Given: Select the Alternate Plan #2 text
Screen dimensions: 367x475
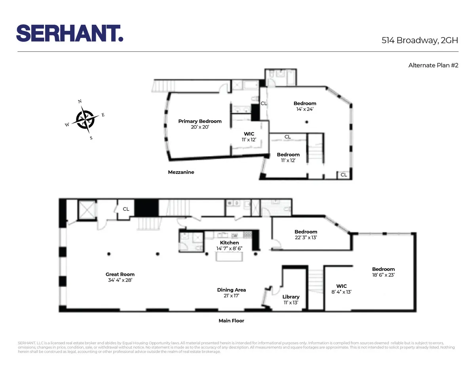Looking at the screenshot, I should pos(433,66).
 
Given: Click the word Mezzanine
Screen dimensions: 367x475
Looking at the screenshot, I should pos(181,172).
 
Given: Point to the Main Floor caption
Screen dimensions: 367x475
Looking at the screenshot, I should pos(231,321).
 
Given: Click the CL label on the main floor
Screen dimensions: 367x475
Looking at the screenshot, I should pos(126,209).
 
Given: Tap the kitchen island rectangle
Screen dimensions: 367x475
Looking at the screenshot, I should pos(229,257).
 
